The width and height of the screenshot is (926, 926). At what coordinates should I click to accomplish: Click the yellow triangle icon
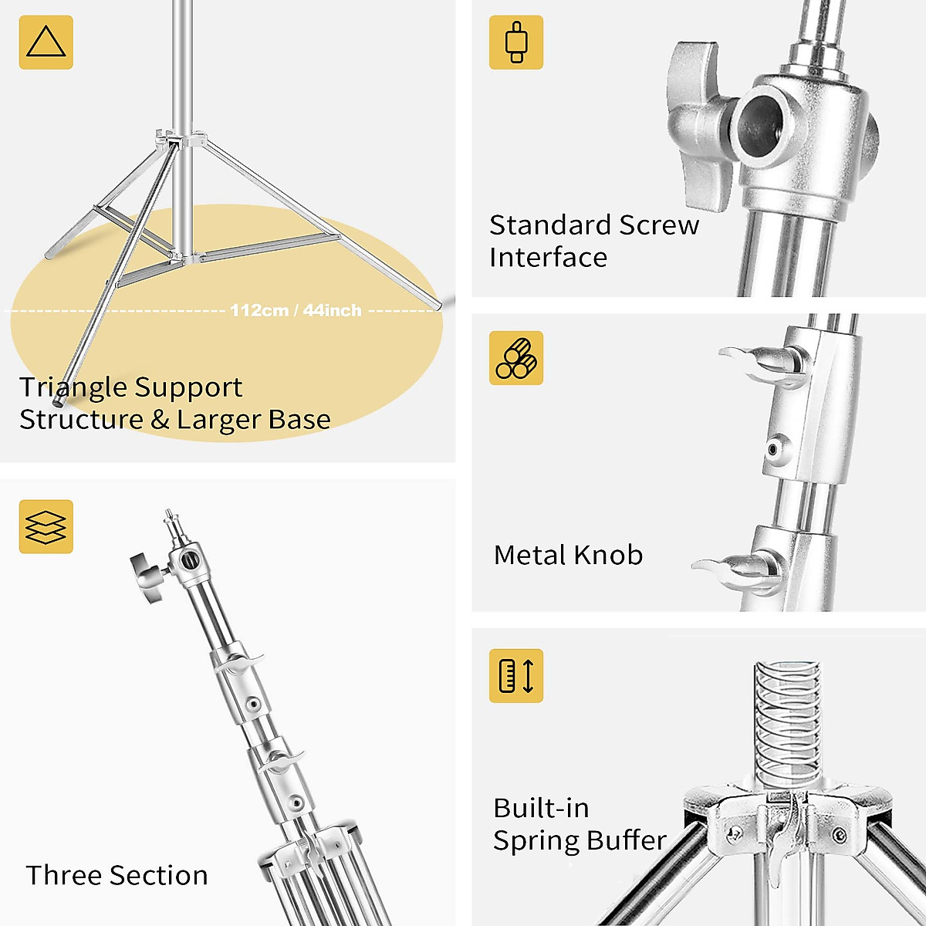pos(46,42)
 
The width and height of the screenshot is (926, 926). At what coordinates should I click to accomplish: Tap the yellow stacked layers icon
pos(46,526)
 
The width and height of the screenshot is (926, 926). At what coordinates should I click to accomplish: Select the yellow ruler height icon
pos(516,675)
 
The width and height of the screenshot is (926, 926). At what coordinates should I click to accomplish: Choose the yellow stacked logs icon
pos(516,358)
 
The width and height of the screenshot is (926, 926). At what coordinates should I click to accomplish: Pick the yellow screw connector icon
pos(516,42)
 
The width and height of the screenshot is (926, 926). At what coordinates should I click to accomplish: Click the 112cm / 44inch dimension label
pos(296,310)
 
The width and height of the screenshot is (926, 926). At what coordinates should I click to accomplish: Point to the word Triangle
pos(69,387)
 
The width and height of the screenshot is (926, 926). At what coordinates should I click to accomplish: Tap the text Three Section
pos(117,875)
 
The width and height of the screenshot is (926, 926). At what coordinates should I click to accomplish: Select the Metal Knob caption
pos(568,555)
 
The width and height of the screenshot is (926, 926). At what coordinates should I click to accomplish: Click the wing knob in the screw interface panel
pos(699,123)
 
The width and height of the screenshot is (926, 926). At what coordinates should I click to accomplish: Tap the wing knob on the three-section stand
pos(147,576)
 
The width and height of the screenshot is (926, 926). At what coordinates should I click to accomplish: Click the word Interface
pos(548,258)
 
